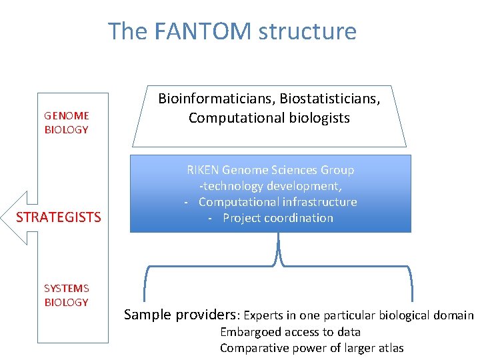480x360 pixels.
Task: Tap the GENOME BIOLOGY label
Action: [66, 123]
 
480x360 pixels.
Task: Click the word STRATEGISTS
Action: [59, 217]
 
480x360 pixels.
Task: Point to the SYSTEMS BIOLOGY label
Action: [66, 295]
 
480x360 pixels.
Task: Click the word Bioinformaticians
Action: [217, 99]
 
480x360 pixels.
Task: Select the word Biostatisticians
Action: [330, 99]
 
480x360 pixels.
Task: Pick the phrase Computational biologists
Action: [269, 118]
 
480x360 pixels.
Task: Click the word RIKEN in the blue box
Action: [203, 170]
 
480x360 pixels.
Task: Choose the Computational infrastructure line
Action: [277, 202]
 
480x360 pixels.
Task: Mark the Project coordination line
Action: [277, 218]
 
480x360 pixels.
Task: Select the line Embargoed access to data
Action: [290, 332]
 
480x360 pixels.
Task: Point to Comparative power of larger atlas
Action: [311, 348]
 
